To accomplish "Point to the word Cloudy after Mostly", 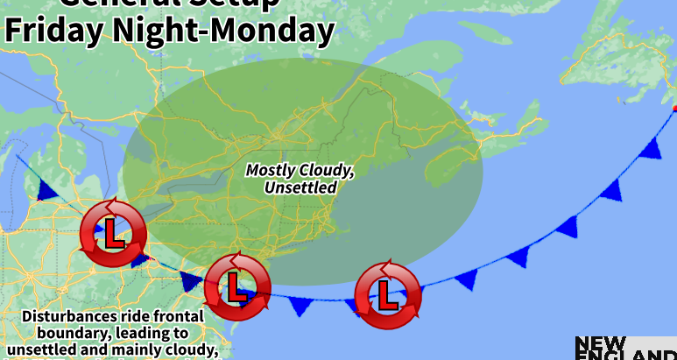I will pyautogui.click(x=329, y=170).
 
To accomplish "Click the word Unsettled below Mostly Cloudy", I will pyautogui.click(x=300, y=187).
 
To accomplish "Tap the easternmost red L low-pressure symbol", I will pyautogui.click(x=386, y=293).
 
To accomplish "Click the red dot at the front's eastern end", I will pyautogui.click(x=674, y=109).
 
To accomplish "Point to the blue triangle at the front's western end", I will pyautogui.click(x=46, y=189).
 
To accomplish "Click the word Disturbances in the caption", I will pyautogui.click(x=68, y=315).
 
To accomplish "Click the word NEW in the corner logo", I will pyautogui.click(x=600, y=343).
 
